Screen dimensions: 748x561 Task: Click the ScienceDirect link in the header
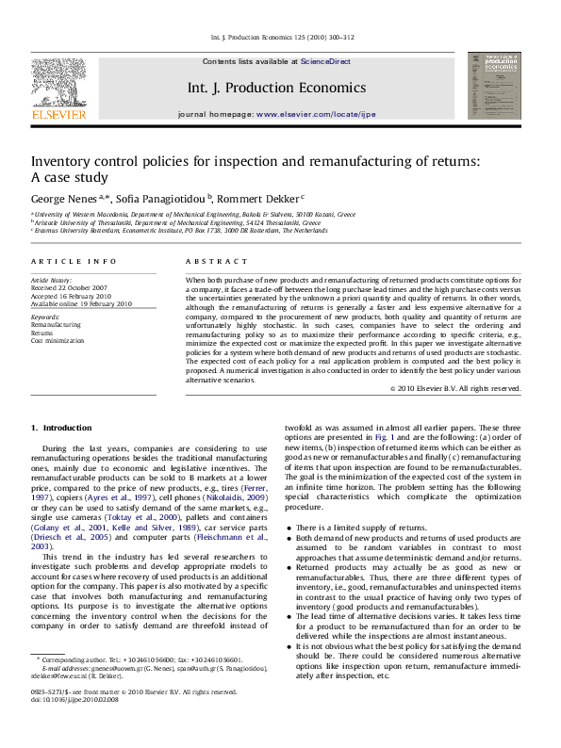(325, 61)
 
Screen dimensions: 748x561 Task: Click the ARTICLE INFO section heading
(74, 261)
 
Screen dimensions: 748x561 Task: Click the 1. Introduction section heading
(61, 428)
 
